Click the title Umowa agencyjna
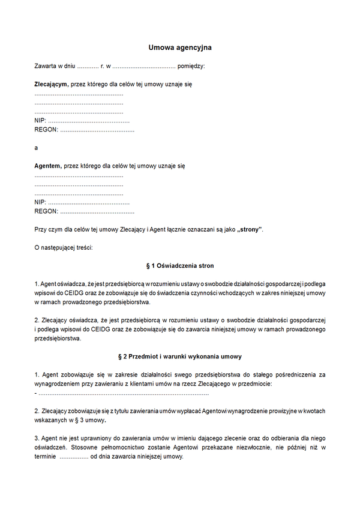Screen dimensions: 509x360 tap(180, 47)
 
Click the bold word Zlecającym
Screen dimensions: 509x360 tap(51, 85)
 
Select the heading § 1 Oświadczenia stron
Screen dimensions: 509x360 tap(180, 265)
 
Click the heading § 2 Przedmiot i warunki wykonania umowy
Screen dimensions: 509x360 tap(180, 357)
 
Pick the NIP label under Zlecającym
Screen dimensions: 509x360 tap(40, 121)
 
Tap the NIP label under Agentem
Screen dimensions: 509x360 tap(40, 202)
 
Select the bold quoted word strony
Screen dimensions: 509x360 tap(250, 229)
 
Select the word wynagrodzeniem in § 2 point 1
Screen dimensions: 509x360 tap(60, 384)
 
